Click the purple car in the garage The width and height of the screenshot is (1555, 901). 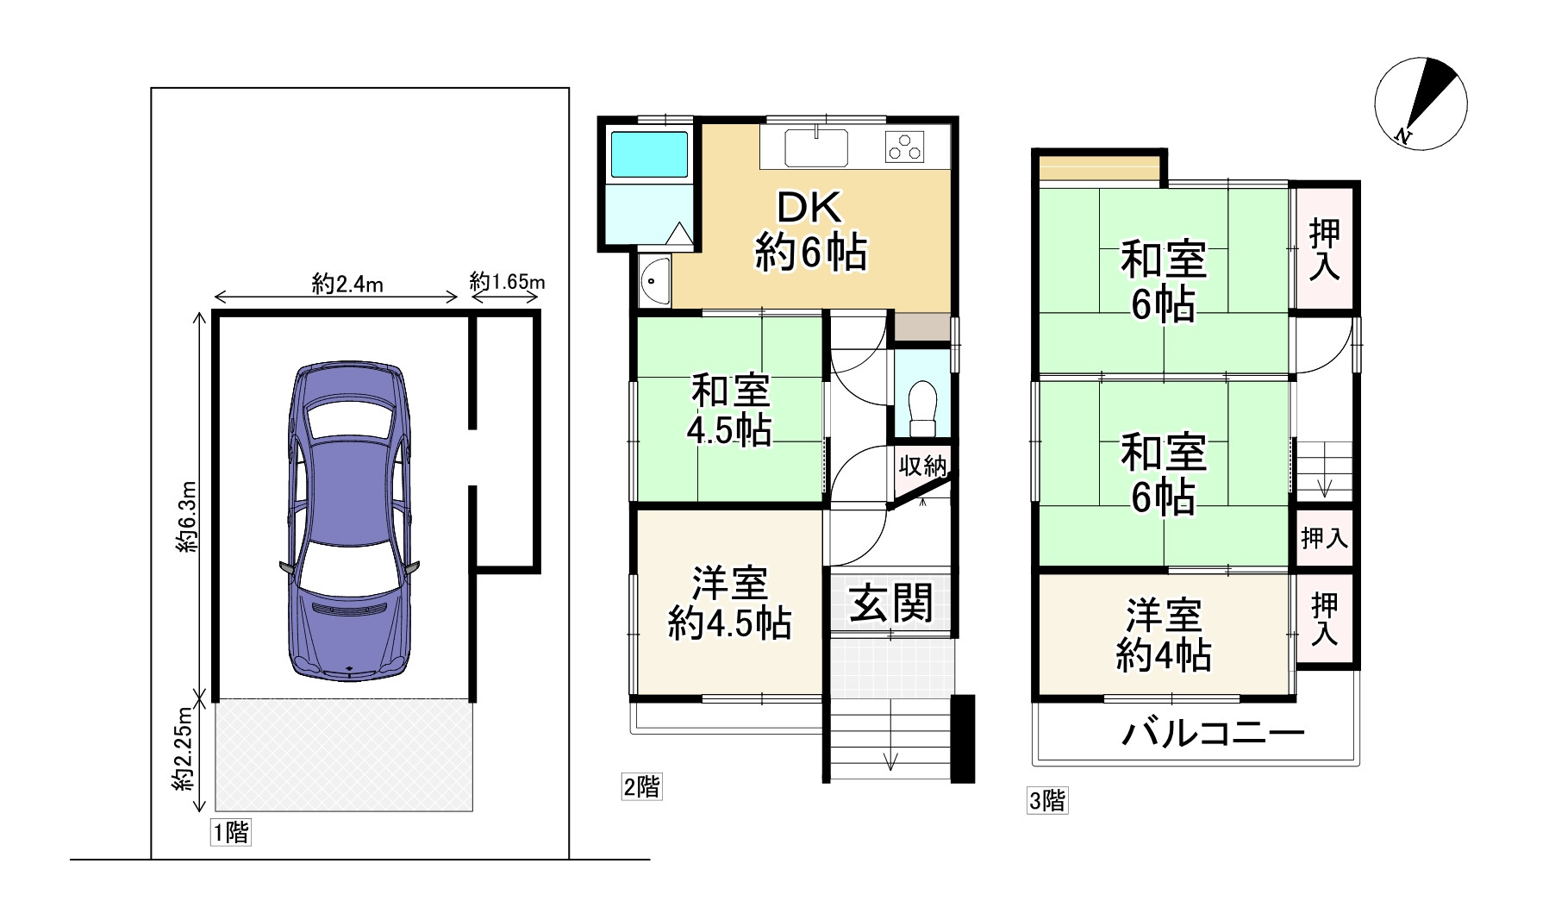349,521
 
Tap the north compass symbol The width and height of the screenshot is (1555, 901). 1421,103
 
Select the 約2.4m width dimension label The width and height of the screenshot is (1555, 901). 347,284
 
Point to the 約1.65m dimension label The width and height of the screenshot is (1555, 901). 508,281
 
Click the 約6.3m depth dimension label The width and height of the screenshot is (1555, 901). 187,516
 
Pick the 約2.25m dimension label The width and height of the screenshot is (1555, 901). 182,749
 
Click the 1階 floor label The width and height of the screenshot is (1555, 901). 231,832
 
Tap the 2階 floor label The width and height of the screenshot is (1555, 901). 642,786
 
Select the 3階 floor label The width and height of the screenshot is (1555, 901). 1047,801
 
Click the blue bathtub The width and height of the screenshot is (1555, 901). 649,155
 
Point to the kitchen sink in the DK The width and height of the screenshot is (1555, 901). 816,147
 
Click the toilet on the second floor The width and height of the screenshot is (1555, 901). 922,409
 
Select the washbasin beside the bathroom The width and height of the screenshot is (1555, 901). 655,281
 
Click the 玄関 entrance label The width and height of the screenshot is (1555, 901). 891,603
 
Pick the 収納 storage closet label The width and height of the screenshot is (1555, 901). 922,466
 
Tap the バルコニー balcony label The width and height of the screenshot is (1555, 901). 1214,734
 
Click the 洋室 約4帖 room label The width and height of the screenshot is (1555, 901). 1164,636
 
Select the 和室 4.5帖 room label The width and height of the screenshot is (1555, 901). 729,410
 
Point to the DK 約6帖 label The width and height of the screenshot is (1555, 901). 811,230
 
